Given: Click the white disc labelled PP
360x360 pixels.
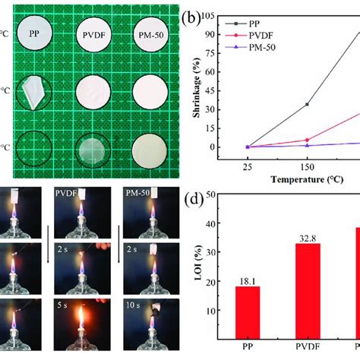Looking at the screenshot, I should click(x=36, y=35).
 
